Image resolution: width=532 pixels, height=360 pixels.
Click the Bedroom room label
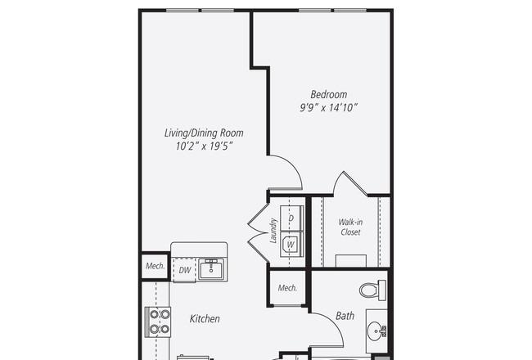tap(329, 94)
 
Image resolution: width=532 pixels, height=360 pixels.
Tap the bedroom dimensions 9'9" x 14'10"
tap(328, 107)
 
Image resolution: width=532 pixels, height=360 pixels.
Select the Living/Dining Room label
tap(204, 133)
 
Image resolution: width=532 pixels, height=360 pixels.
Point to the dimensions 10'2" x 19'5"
tap(204, 146)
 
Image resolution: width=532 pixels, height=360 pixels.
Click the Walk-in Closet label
tap(350, 227)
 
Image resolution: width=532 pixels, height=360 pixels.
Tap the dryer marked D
tap(291, 218)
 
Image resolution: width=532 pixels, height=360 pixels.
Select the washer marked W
tap(291, 244)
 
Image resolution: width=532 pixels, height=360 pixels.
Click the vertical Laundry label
tap(273, 231)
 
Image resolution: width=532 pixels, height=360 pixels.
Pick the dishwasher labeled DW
tap(185, 270)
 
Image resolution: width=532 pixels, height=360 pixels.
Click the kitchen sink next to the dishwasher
tap(211, 268)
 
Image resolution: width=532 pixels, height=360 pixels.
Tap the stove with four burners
tap(158, 322)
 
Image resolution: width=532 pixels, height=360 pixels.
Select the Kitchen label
tap(205, 318)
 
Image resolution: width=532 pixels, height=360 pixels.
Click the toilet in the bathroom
tap(373, 290)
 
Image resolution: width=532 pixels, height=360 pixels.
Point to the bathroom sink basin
tap(376, 331)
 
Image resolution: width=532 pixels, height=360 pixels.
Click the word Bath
tap(345, 316)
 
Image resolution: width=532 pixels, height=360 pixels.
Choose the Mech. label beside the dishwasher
tap(155, 266)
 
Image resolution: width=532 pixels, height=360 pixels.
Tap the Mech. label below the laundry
tap(287, 288)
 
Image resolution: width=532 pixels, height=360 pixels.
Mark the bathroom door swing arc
tap(332, 322)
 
